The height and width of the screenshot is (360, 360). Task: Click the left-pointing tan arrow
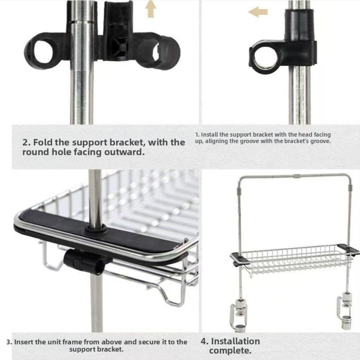[x=258, y=12]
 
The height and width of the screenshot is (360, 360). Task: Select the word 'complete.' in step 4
[x=230, y=351]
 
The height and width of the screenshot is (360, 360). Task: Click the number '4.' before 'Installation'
[x=205, y=341]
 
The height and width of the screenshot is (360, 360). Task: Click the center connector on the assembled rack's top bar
[x=297, y=176]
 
